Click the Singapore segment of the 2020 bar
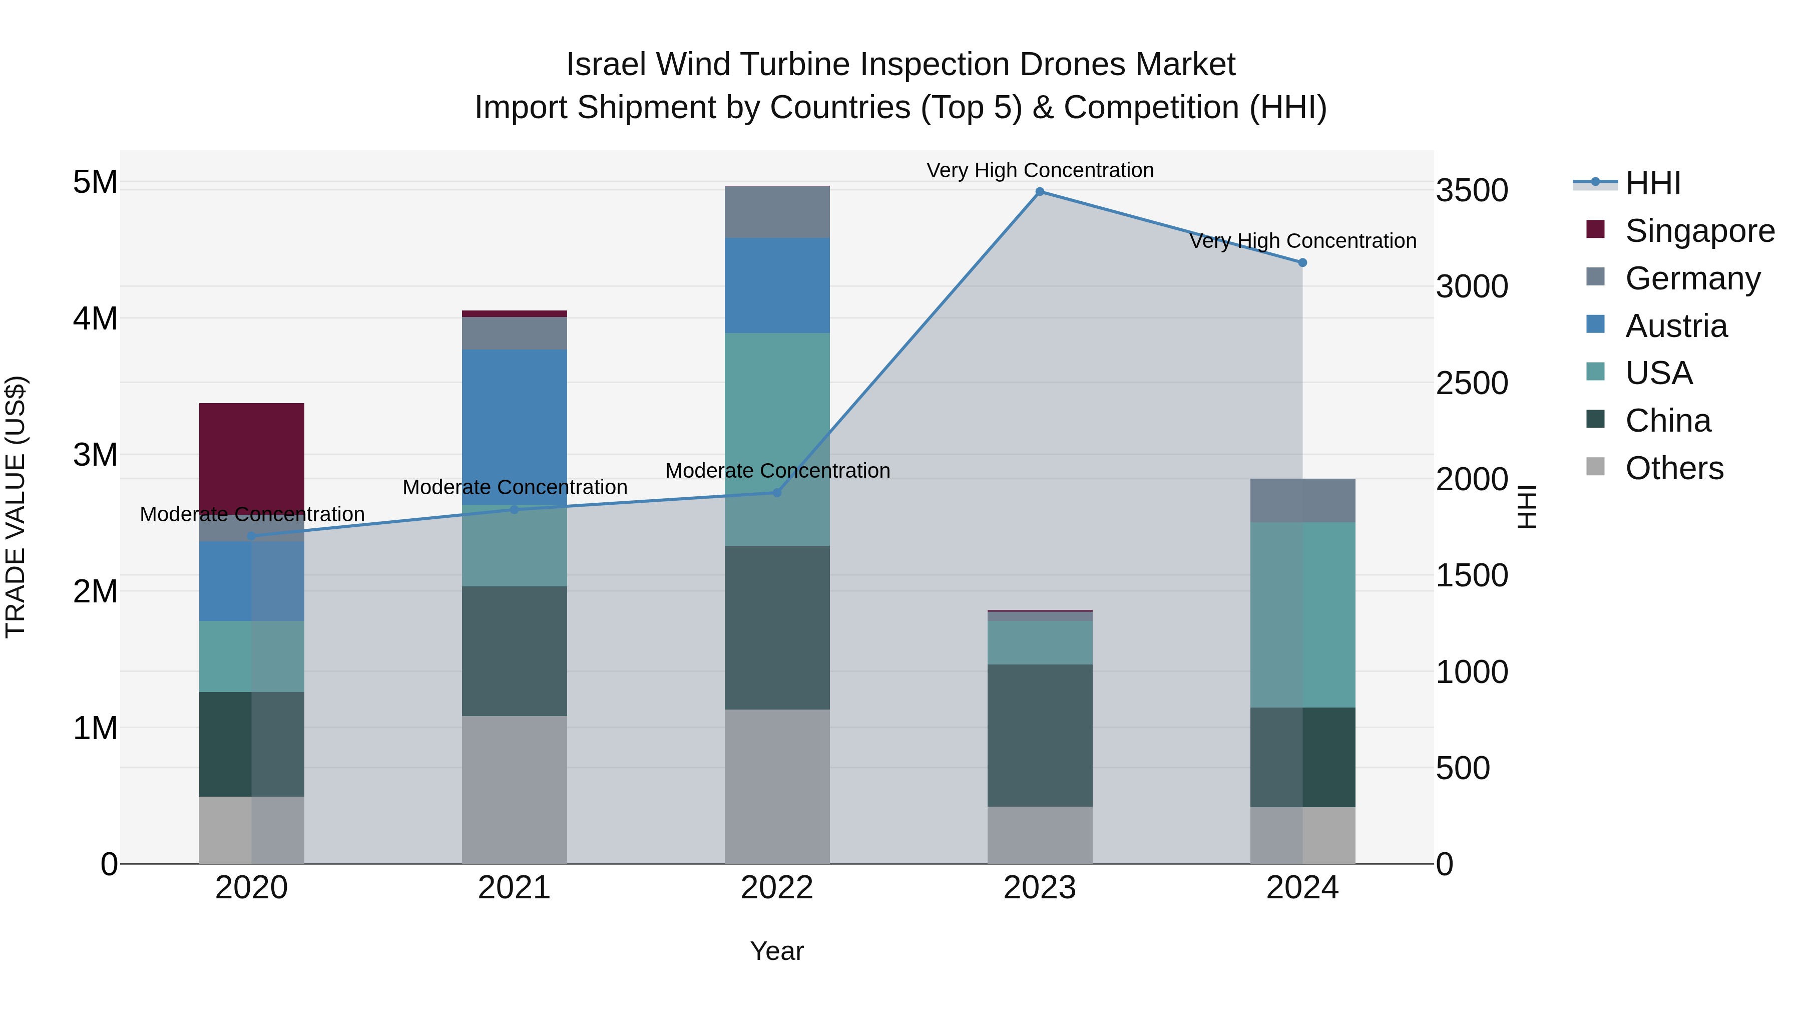pos(251,458)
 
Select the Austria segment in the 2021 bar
pos(514,427)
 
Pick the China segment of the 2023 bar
pos(1040,735)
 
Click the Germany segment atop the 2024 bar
pos(1302,500)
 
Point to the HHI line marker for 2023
pos(1040,192)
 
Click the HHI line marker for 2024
pos(1302,263)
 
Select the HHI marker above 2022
pos(776,493)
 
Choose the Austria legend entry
pos(1675,326)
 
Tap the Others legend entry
pos(1673,468)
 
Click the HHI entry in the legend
pos(1652,183)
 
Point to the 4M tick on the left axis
pos(95,318)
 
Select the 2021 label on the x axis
pos(514,888)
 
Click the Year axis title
pos(776,951)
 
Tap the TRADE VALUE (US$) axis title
pos(16,507)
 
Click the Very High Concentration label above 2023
pos(1040,170)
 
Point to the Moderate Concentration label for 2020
pos(252,514)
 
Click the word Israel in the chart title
pos(605,65)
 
